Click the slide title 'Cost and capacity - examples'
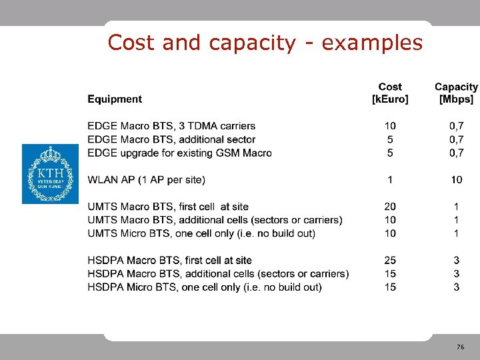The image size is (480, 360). pos(265,43)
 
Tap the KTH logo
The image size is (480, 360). pos(51,174)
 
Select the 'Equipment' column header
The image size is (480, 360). pos(115,99)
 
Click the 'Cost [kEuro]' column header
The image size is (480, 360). pos(390,93)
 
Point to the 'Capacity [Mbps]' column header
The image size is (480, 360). pos(456,93)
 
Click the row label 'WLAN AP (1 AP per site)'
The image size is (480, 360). pos(147,179)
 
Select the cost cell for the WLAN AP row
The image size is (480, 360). pos(390,179)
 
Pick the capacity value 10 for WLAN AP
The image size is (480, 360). pos(457,179)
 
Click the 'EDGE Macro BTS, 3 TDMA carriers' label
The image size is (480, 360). pos(171,126)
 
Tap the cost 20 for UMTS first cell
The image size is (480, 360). pos(390,207)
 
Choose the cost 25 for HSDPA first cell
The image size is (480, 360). pos(390,260)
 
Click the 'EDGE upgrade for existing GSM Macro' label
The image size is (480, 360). pos(180,153)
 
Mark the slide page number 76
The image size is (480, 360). pos(460,347)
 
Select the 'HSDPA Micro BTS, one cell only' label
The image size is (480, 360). pos(205,287)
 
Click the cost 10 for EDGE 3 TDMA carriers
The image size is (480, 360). pos(390,126)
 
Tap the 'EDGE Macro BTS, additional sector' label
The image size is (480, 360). pos(172,139)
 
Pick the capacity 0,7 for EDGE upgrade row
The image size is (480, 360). pos(457,153)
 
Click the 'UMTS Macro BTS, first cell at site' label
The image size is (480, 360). pos(168,207)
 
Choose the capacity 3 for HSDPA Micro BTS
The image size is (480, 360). pos(457,287)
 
